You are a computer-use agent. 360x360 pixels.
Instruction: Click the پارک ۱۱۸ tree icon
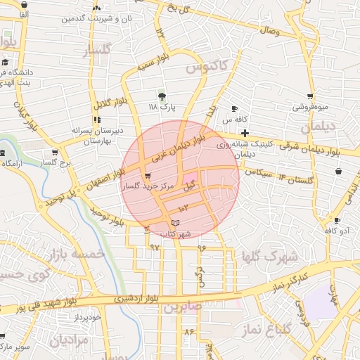tap(162, 96)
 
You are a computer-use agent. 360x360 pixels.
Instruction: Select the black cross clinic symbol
tap(245, 133)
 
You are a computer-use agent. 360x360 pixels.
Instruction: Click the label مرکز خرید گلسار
tap(147, 187)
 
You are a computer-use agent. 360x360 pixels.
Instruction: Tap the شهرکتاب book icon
tap(175, 223)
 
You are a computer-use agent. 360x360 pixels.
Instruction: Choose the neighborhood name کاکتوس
tap(207, 67)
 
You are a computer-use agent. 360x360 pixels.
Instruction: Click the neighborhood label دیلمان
tap(316, 127)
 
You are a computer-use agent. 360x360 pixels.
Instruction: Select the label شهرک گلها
tap(269, 256)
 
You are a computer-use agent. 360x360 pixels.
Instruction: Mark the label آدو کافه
tap(337, 230)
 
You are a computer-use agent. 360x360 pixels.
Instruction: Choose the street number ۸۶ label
tap(188, 330)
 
